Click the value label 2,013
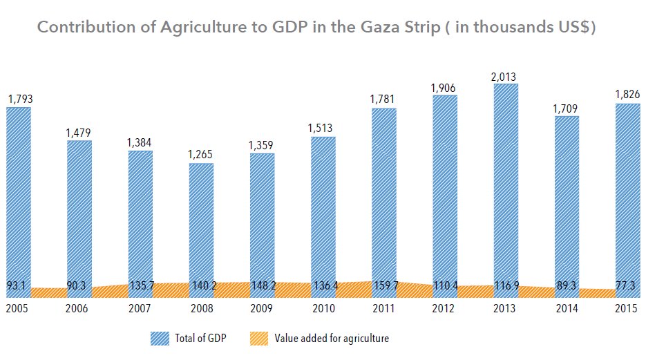[506, 77]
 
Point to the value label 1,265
[201, 155]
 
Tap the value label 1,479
[79, 133]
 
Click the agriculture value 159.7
[383, 285]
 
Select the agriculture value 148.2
[262, 285]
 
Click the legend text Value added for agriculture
[332, 339]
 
